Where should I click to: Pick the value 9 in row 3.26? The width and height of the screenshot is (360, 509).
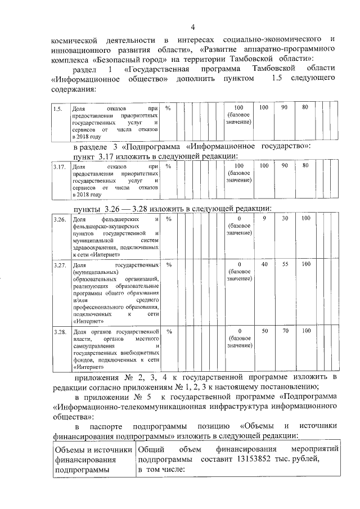click(264, 218)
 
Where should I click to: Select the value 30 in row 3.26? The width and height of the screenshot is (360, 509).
click(285, 218)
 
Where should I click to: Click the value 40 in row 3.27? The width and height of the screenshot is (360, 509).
click(264, 264)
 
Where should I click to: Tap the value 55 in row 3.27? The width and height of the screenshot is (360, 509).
click(285, 264)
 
